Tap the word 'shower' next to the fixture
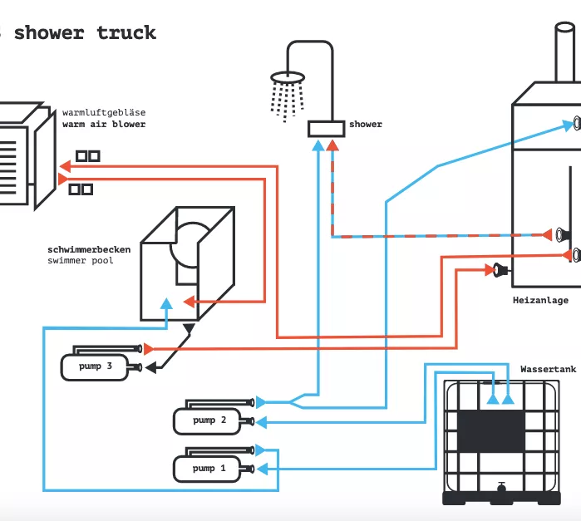tap(366, 125)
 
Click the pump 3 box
tap(94, 366)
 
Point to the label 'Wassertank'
tap(544, 368)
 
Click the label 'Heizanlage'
tap(540, 300)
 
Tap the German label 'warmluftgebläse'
tap(103, 112)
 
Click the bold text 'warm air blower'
tap(103, 125)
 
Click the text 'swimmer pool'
tap(80, 261)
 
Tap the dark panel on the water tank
tap(491, 429)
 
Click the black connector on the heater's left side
tap(500, 269)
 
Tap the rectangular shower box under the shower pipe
tap(327, 129)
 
